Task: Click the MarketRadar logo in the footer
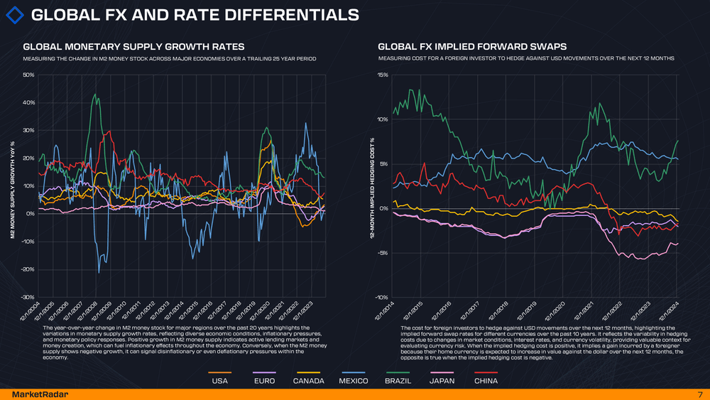35,394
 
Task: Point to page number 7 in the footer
699,394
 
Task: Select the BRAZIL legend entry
398,381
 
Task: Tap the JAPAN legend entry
442,381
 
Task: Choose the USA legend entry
220,381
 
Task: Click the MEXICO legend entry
353,381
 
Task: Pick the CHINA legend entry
486,381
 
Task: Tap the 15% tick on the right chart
382,75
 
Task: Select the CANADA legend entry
309,381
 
